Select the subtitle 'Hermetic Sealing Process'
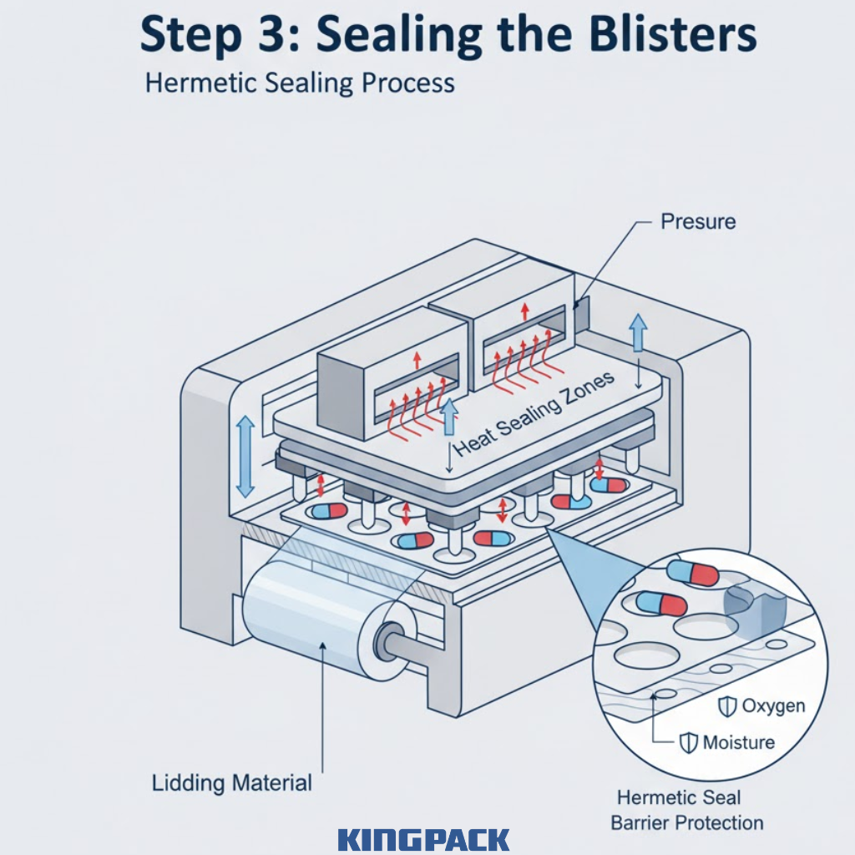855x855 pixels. pos(300,83)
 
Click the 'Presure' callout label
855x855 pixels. pos(698,221)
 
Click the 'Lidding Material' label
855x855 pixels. pos(232,783)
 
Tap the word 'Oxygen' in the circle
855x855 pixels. pos(773,706)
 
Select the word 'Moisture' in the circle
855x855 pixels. pos(739,742)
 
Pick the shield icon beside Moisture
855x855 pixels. pos(689,742)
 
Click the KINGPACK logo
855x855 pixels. pos(424,838)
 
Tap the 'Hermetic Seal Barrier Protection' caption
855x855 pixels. pos(686,810)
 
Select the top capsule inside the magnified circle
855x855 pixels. pos(693,573)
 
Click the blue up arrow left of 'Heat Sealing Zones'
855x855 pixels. pos(449,417)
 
